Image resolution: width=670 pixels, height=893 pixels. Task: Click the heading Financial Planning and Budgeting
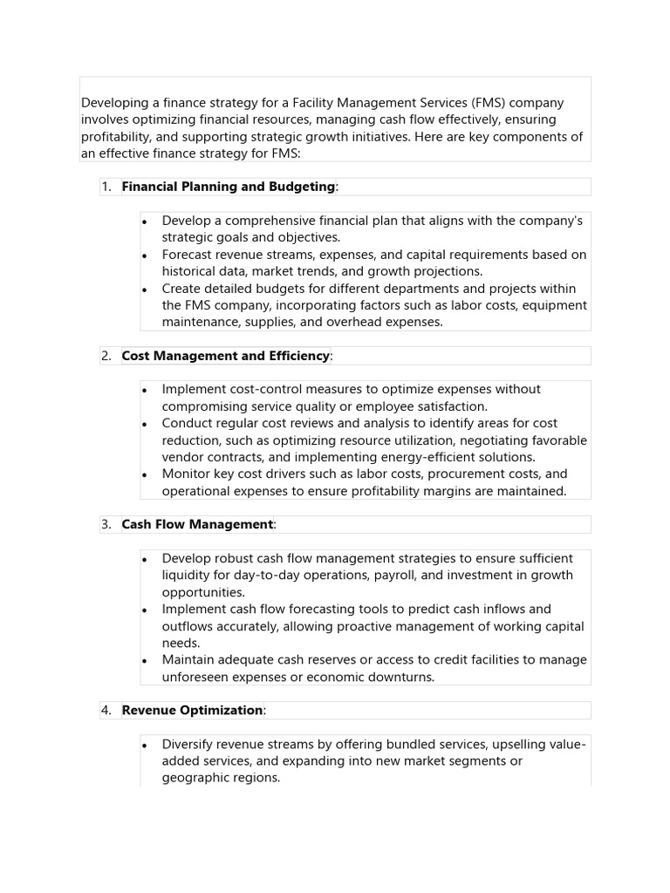tap(228, 187)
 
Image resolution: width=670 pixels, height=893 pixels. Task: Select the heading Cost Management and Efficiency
tap(226, 356)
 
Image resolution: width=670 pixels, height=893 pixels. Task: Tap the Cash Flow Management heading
tap(197, 524)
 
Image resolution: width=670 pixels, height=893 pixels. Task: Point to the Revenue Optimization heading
tap(192, 711)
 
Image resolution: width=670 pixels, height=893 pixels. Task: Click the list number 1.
tap(106, 187)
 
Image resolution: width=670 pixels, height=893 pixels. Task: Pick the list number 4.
tap(106, 711)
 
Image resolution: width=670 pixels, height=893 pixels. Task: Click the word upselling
tap(524, 744)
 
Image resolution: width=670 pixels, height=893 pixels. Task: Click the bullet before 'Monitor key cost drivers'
tap(146, 475)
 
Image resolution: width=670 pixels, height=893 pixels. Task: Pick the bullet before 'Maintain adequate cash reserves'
tap(146, 661)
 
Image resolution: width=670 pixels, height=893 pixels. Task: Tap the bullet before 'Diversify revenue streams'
tap(146, 746)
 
